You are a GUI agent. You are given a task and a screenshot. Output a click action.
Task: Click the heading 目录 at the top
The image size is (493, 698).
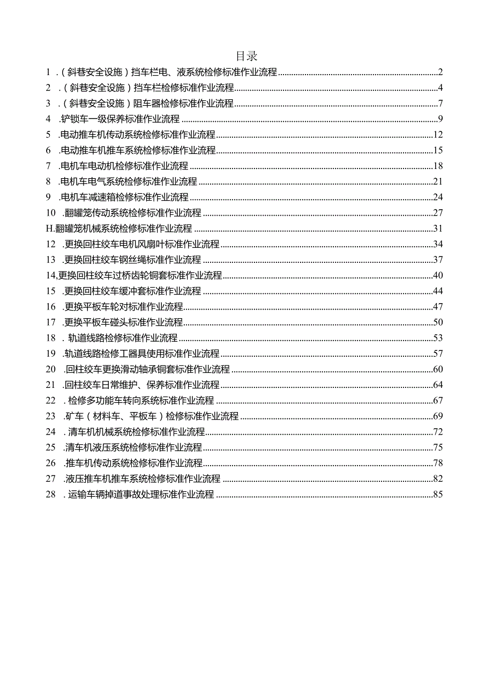[246, 56]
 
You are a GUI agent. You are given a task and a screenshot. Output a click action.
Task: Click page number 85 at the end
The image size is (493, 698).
[438, 495]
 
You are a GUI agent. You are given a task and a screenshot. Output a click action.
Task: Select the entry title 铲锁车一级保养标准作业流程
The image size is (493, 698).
[121, 119]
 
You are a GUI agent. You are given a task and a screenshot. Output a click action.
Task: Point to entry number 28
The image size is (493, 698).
[51, 495]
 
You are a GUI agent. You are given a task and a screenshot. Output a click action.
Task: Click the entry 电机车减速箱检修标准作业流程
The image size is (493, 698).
[125, 197]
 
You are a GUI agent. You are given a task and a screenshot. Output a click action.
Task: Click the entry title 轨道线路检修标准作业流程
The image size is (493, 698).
[123, 339]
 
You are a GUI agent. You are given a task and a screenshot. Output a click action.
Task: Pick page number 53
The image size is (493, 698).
[438, 339]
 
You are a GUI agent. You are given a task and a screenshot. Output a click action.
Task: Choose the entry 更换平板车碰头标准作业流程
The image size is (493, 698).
[123, 322]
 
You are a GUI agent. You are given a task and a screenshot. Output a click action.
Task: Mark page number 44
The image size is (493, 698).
[438, 291]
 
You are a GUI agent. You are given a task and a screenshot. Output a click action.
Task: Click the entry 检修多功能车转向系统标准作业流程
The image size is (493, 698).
[141, 401]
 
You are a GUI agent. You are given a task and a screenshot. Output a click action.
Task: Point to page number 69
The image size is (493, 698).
[438, 416]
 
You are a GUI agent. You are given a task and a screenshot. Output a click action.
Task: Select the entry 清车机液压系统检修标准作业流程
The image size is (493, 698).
[132, 447]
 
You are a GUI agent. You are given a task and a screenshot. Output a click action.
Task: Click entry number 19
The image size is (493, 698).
[51, 354]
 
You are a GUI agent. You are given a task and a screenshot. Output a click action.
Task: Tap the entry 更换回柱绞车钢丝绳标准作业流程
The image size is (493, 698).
[132, 260]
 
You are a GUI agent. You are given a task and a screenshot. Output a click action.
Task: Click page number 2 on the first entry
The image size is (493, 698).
[440, 72]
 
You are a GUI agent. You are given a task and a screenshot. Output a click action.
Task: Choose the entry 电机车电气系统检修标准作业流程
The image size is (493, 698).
[129, 181]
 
